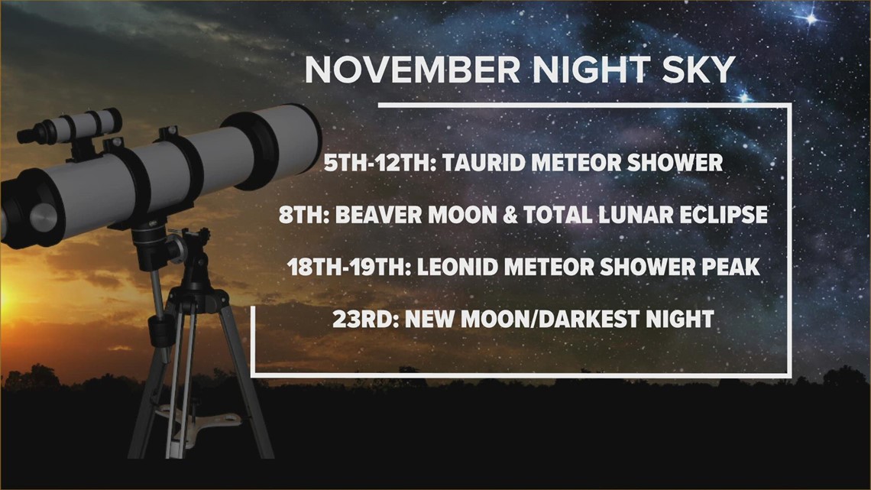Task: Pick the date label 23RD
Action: coord(361,318)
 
